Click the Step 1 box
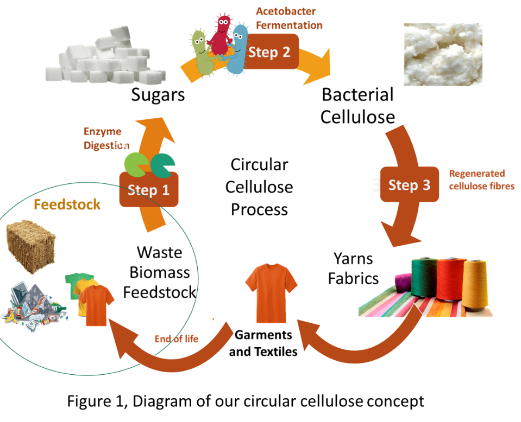click(149, 190)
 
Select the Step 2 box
click(269, 52)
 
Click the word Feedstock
click(67, 204)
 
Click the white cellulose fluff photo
click(443, 54)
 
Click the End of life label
click(177, 339)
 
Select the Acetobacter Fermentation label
click(289, 18)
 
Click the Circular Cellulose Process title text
click(259, 187)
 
